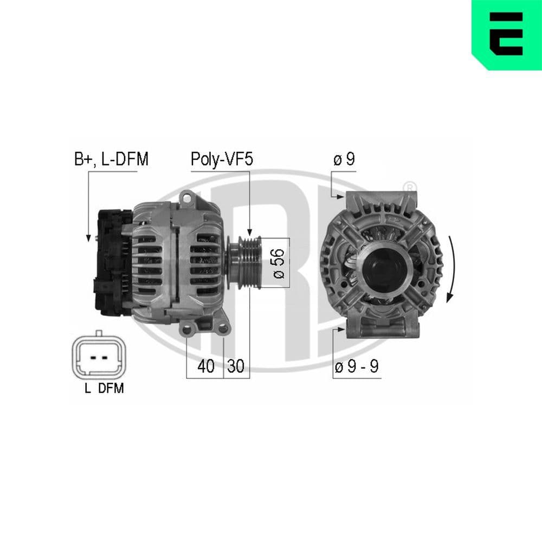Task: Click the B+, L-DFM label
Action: [111, 159]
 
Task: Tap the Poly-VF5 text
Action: [221, 159]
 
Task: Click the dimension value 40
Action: [205, 366]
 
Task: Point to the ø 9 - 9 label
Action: [356, 366]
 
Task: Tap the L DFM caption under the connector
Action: [104, 388]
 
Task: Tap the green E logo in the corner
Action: [506, 34]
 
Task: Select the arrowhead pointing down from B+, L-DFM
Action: [87, 237]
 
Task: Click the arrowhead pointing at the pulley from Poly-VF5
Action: [249, 231]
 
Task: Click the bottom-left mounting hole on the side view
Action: [188, 329]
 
